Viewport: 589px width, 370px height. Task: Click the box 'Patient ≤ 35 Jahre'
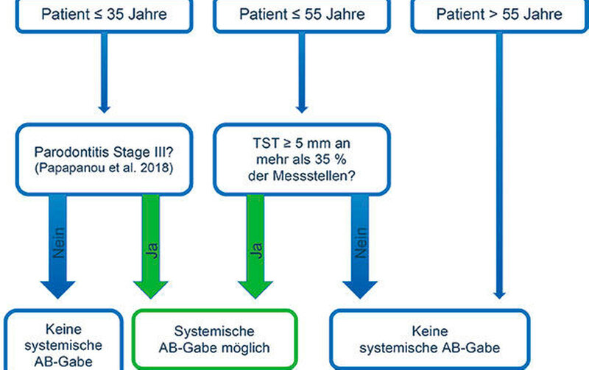(104, 15)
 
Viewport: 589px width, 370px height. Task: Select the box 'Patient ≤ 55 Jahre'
(302, 15)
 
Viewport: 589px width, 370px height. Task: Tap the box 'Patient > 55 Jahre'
(500, 15)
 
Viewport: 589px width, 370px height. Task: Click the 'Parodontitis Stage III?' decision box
(104, 160)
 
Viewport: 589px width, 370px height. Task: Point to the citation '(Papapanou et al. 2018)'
(104, 168)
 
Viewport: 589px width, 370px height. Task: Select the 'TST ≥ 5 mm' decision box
(302, 160)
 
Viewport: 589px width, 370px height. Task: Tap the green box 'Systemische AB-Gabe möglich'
(215, 340)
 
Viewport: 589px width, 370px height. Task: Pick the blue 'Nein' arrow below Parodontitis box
(58, 246)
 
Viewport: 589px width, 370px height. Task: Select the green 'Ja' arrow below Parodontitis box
(151, 246)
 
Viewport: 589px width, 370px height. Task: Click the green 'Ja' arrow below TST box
(255, 246)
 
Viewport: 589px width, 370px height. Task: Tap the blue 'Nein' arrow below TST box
(360, 246)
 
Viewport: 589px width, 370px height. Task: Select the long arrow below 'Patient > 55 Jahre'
(499, 166)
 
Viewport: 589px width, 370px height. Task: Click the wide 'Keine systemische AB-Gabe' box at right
(430, 340)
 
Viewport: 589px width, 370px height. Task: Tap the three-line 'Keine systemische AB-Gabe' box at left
(63, 340)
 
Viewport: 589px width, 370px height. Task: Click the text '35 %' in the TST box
(331, 160)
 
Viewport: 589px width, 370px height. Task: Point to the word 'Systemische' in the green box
(214, 331)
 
